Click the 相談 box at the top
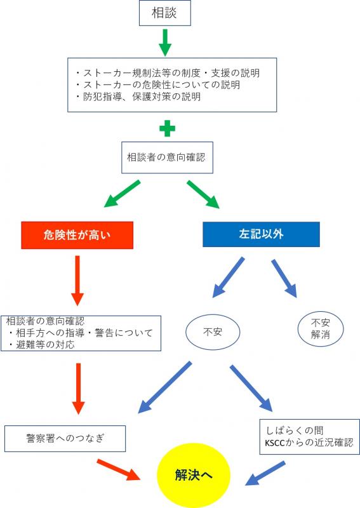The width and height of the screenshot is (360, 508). [164, 13]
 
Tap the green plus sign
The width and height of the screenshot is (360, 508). [167, 129]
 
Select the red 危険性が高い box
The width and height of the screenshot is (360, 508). [77, 235]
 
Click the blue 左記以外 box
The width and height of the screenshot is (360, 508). [261, 234]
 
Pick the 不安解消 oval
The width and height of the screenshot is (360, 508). [321, 328]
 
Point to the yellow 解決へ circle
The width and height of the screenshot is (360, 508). [194, 475]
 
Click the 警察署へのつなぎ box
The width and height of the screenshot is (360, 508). [65, 439]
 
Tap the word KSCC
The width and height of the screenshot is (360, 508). [275, 443]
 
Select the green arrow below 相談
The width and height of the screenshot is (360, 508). [165, 43]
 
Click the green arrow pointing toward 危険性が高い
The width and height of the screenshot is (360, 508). [122, 194]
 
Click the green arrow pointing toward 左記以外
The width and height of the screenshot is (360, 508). [203, 194]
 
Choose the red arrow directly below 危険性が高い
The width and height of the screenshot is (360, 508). [77, 281]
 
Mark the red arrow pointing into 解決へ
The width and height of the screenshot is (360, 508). [119, 470]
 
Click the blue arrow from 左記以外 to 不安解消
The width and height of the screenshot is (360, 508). [284, 278]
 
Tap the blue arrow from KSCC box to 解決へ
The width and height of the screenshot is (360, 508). [265, 473]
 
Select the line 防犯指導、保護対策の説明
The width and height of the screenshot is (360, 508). [138, 97]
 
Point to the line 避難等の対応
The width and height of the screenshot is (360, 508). [41, 344]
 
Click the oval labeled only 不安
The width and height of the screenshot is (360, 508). [213, 332]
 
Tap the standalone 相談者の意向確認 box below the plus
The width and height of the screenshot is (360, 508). [167, 157]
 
